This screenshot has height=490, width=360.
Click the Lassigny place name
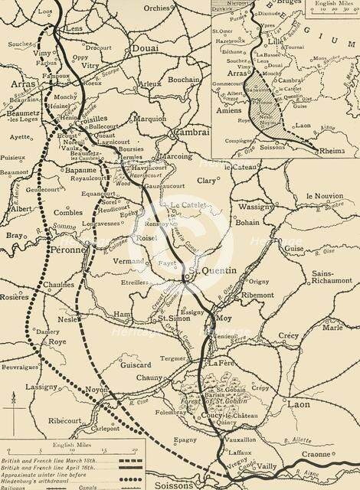click(x=42, y=388)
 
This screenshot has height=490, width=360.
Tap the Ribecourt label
click(x=64, y=420)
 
